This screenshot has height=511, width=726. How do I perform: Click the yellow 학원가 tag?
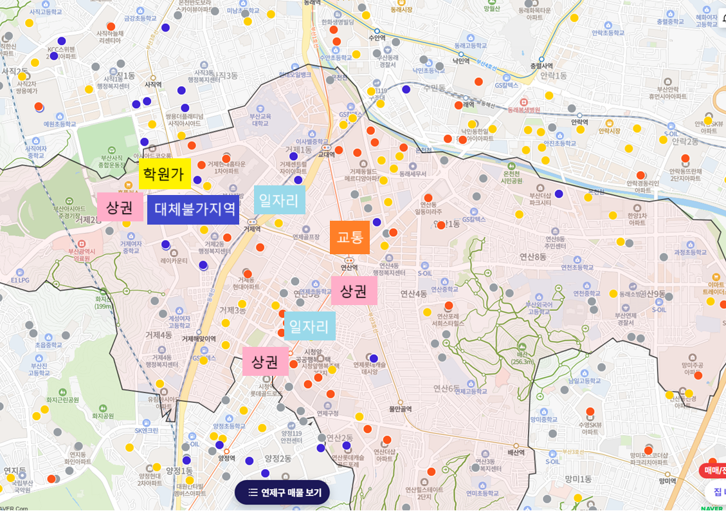click(x=165, y=174)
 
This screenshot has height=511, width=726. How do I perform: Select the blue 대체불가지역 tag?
click(x=194, y=210)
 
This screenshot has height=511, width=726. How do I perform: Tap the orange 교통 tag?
click(x=350, y=237)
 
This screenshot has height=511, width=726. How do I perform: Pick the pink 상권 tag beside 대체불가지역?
click(x=120, y=207)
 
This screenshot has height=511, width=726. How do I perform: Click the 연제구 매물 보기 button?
click(x=282, y=493)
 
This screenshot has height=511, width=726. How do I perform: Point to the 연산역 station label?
click(x=349, y=267)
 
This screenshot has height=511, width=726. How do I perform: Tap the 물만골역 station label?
click(x=400, y=409)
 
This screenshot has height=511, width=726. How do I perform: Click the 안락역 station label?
click(x=579, y=121)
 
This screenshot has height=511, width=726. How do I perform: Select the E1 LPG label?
click(x=21, y=281)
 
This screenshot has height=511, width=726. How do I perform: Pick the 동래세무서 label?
click(x=413, y=174)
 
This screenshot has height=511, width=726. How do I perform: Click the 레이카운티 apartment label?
click(x=174, y=261)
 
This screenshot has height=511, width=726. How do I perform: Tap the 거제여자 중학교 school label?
click(x=130, y=247)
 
